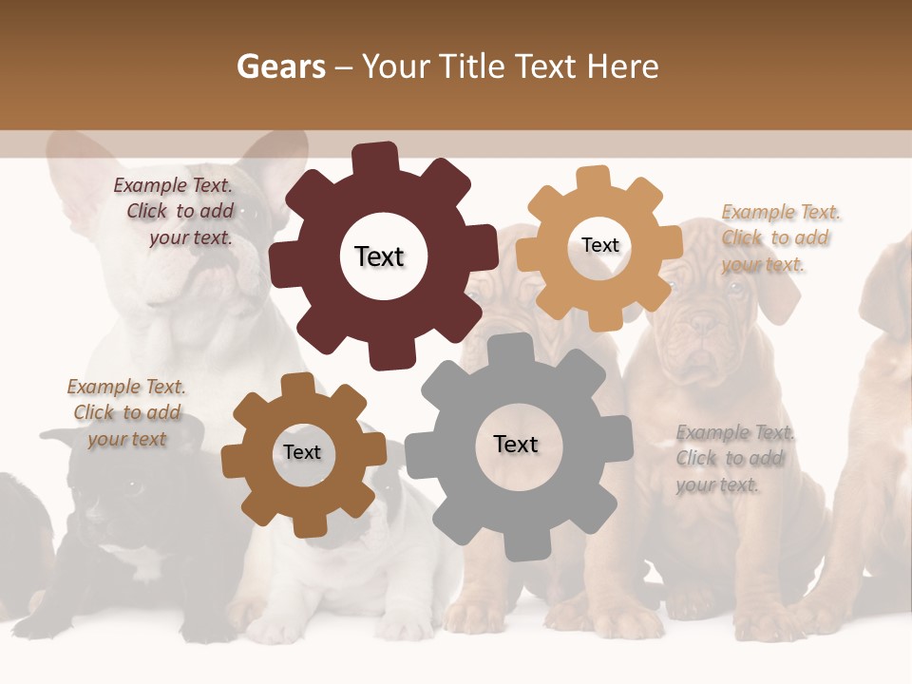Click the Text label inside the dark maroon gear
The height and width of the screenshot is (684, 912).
[x=379, y=256]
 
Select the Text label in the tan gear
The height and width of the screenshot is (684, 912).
[x=599, y=245]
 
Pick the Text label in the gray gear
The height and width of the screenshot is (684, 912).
[x=516, y=444]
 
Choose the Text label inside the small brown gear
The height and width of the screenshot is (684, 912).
[x=301, y=452]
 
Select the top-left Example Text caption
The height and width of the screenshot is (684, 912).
[x=177, y=212]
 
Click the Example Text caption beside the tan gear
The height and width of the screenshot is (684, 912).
[x=778, y=238]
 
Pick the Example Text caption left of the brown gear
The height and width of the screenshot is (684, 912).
[x=126, y=412]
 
